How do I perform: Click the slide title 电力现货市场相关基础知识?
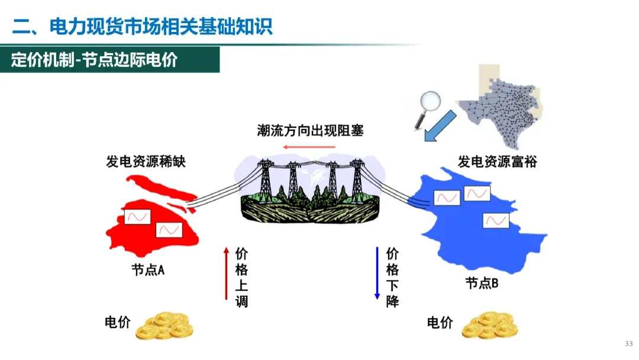[143, 27]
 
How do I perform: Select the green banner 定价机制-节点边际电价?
[94, 60]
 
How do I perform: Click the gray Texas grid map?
[503, 112]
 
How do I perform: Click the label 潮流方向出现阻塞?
[310, 130]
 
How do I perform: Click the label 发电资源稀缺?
[146, 161]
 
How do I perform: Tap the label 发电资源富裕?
[497, 161]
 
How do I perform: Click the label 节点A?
[148, 270]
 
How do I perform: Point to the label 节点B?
[482, 283]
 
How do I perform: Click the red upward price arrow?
[225, 273]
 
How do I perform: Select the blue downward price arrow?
[377, 273]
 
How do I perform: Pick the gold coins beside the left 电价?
[164, 326]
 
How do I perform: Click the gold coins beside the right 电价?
[490, 327]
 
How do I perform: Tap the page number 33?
[628, 344]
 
